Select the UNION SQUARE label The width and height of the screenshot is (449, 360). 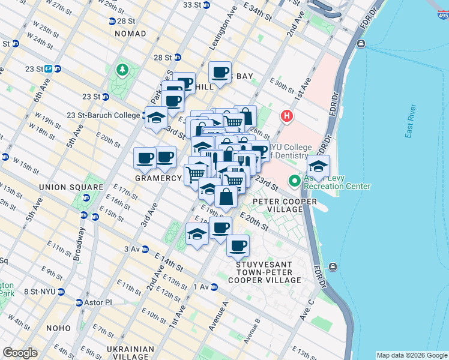pyautogui.click(x=68, y=187)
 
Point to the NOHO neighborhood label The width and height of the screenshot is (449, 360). pyautogui.click(x=58, y=328)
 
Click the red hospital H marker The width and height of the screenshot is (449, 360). pyautogui.click(x=287, y=116)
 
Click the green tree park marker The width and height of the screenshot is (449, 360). pyautogui.click(x=123, y=70)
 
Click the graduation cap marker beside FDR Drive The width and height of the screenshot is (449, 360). pyautogui.click(x=318, y=166)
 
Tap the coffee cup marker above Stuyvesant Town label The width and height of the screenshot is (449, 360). pyautogui.click(x=238, y=245)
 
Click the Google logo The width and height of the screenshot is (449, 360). pyautogui.click(x=20, y=353)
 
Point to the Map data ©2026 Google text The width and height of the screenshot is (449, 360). pyautogui.click(x=411, y=355)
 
